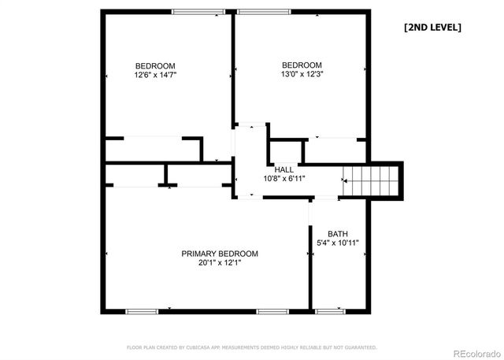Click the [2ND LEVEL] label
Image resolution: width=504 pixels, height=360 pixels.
click(432, 28)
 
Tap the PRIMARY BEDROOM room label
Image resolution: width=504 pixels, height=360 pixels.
click(220, 254)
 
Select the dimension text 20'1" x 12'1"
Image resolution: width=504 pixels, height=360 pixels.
click(220, 263)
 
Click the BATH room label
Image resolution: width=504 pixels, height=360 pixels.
click(338, 234)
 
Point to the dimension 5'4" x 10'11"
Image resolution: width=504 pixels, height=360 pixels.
click(338, 243)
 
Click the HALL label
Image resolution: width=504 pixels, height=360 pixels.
click(284, 169)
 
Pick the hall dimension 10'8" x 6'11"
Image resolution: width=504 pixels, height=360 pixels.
click(284, 179)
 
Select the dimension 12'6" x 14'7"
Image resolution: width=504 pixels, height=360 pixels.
click(155, 75)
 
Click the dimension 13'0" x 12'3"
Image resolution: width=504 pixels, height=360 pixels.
click(302, 74)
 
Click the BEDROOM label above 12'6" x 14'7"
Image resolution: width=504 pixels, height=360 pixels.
click(155, 65)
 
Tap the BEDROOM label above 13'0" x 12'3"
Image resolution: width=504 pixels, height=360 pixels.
click(302, 65)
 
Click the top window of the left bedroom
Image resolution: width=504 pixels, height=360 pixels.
click(196, 11)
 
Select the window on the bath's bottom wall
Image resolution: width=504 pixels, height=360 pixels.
click(329, 312)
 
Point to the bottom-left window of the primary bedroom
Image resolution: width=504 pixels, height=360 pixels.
click(139, 312)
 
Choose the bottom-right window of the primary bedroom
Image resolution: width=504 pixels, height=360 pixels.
click(272, 312)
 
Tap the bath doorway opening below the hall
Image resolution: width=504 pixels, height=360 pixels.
click(324, 199)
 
